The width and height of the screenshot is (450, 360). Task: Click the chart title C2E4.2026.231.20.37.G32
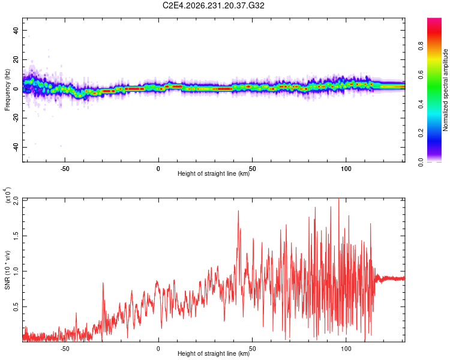pyautogui.click(x=213, y=5)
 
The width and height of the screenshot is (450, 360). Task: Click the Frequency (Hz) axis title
pyautogui.click(x=7, y=90)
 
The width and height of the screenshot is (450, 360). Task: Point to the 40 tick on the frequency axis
pyautogui.click(x=16, y=30)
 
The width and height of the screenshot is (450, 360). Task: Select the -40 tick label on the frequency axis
pyautogui.click(x=16, y=148)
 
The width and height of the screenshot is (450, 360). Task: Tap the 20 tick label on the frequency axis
pyautogui.click(x=16, y=59)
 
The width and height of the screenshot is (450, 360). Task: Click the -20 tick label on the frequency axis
pyautogui.click(x=16, y=118)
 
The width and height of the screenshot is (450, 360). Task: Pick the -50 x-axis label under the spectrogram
pyautogui.click(x=65, y=169)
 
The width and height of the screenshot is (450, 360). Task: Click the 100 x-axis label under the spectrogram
pyautogui.click(x=346, y=169)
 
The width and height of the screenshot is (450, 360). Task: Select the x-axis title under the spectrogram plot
pyautogui.click(x=214, y=173)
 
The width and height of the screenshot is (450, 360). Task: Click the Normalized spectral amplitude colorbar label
pyautogui.click(x=445, y=90)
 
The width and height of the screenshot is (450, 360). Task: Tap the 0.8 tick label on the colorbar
pyautogui.click(x=421, y=46)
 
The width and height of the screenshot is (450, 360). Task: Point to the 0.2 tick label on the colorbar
pyautogui.click(x=421, y=133)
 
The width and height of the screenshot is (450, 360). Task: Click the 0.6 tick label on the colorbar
pyautogui.click(x=421, y=75)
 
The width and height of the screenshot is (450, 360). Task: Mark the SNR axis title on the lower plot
pyautogui.click(x=7, y=270)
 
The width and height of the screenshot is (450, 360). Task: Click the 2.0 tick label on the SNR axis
pyautogui.click(x=16, y=200)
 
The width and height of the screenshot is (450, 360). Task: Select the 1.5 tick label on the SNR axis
pyautogui.click(x=16, y=236)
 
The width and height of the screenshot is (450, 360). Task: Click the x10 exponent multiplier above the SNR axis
pyautogui.click(x=7, y=195)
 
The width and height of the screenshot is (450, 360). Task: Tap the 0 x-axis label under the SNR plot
pyautogui.click(x=158, y=349)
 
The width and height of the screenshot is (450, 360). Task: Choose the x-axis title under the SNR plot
pyautogui.click(x=214, y=353)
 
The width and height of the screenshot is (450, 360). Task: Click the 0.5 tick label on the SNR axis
pyautogui.click(x=16, y=307)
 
